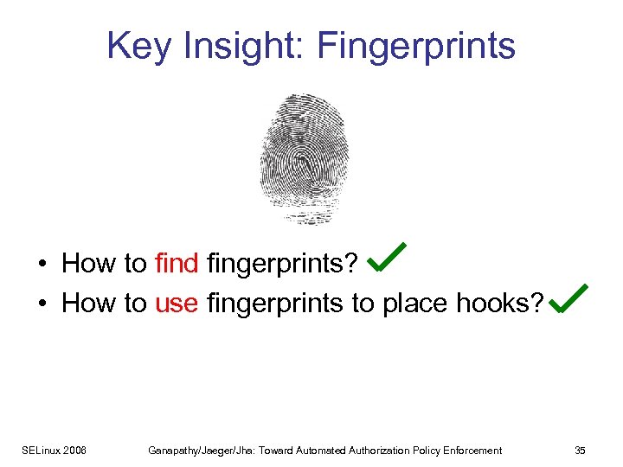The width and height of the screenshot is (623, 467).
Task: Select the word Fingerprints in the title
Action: (x=416, y=46)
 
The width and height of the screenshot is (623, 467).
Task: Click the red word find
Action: (x=177, y=263)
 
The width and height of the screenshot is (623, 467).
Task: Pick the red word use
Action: (x=177, y=303)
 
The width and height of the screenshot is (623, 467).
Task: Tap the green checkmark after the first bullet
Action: (x=387, y=257)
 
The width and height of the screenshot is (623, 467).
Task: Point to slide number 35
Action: (x=580, y=450)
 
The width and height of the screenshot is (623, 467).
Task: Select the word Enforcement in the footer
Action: (x=472, y=450)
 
